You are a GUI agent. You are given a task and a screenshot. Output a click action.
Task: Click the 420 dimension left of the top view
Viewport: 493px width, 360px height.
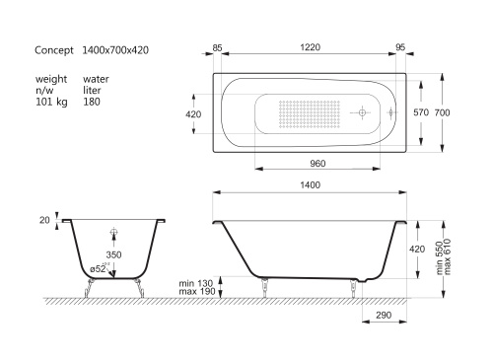coord(195,113)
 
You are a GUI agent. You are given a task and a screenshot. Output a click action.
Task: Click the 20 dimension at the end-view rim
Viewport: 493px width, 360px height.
coord(45,221)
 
